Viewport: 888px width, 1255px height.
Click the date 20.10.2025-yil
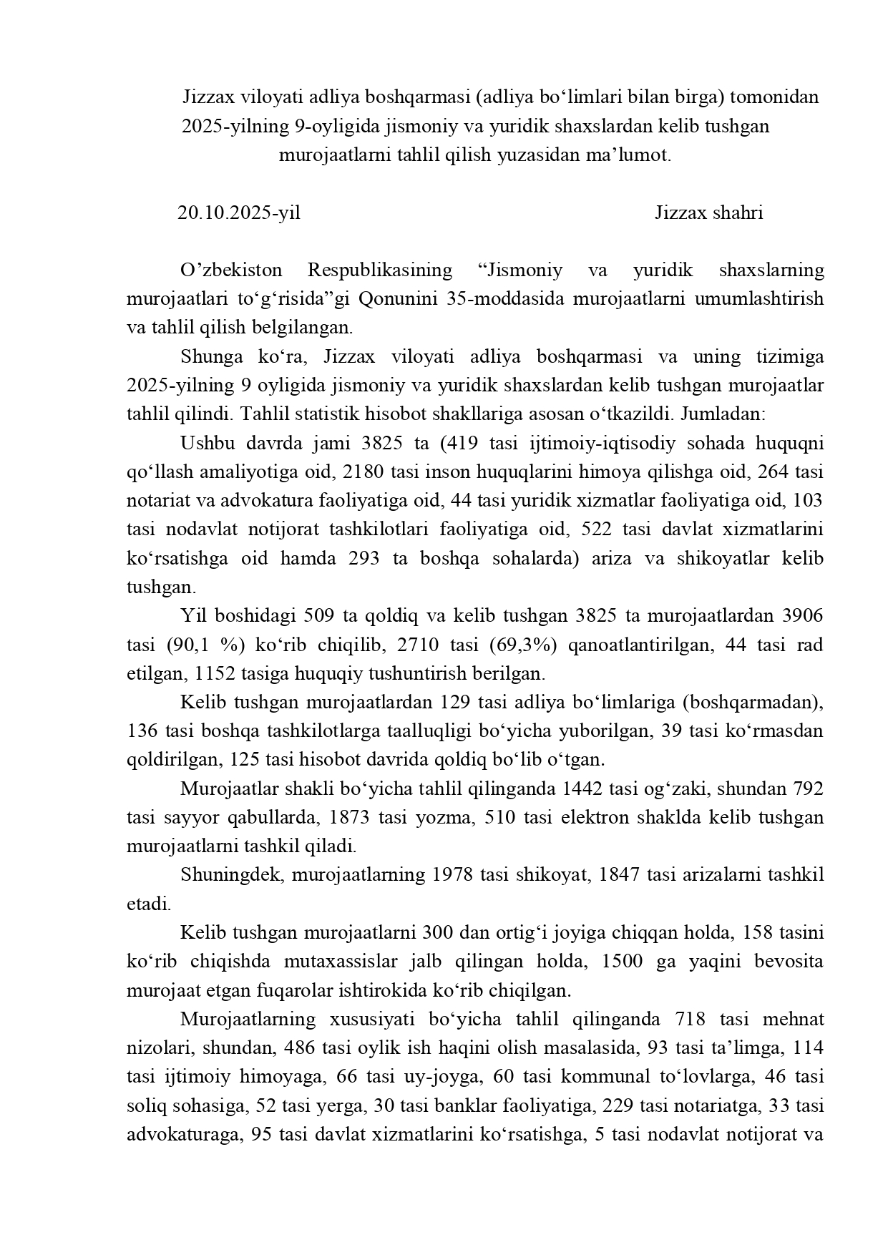(239, 213)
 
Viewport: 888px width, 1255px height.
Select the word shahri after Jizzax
(738, 213)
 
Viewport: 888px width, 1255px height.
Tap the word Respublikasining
(380, 270)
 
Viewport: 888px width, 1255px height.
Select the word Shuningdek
(232, 875)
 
